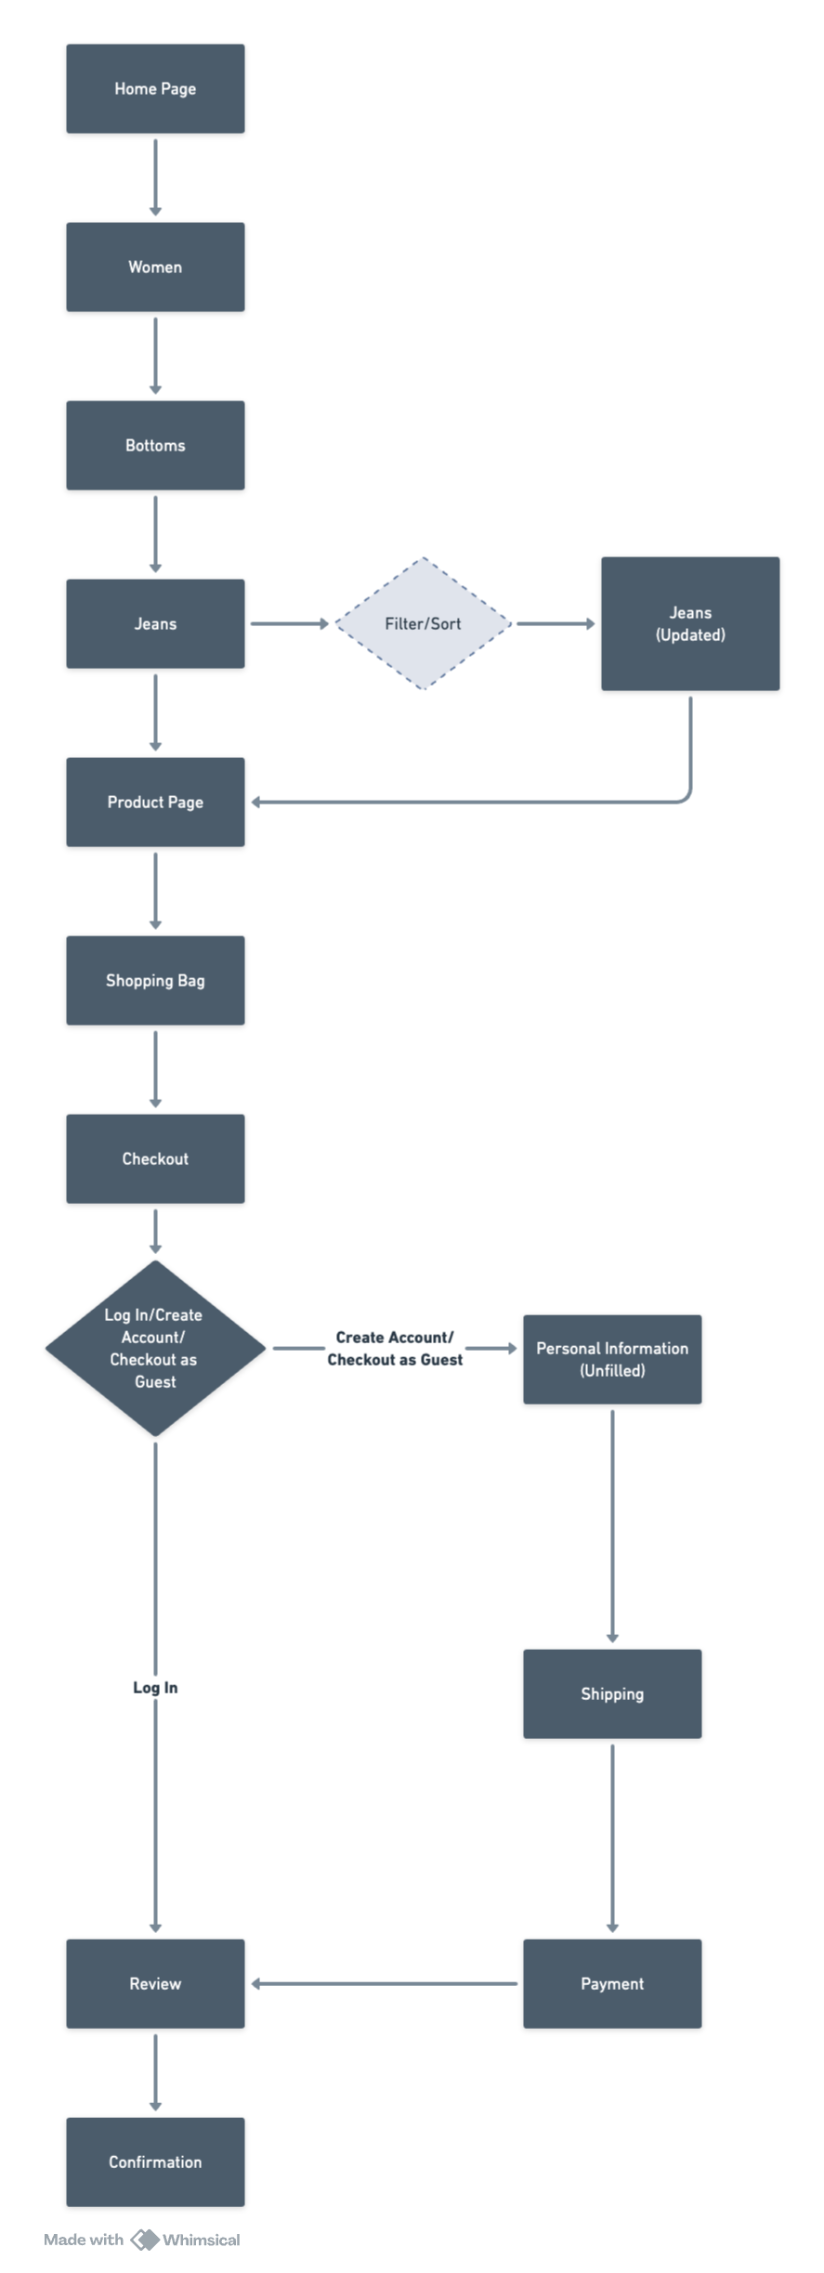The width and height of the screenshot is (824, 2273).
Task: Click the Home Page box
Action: coord(155,88)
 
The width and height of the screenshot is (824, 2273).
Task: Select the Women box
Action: coord(155,267)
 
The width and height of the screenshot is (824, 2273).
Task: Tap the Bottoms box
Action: coord(155,445)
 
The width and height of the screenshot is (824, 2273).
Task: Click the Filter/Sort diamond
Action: coord(423,623)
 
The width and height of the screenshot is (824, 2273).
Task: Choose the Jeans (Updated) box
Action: coord(690,623)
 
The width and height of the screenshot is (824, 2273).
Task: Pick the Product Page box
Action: coord(155,802)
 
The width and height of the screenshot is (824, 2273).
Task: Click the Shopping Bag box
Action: coord(155,980)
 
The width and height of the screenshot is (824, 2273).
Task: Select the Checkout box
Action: coord(155,1158)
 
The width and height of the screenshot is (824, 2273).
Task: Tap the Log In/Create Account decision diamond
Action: coord(155,1348)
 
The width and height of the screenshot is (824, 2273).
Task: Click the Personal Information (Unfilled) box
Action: coord(612,1359)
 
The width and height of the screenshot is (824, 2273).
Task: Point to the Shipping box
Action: coord(612,1693)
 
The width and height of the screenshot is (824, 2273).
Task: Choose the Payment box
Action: coord(612,1983)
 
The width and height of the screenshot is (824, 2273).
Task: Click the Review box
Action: coord(155,1983)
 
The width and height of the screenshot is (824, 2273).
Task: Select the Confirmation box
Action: coord(155,2162)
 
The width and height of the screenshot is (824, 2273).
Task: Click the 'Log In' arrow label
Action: coord(155,1687)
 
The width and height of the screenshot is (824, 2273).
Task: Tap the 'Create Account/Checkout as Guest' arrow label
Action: coord(395,1348)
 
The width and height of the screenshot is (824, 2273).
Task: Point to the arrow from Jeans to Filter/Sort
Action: coord(289,623)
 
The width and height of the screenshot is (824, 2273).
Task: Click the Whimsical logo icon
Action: coord(144,2240)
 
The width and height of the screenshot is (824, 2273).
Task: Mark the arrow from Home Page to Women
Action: coord(155,176)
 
